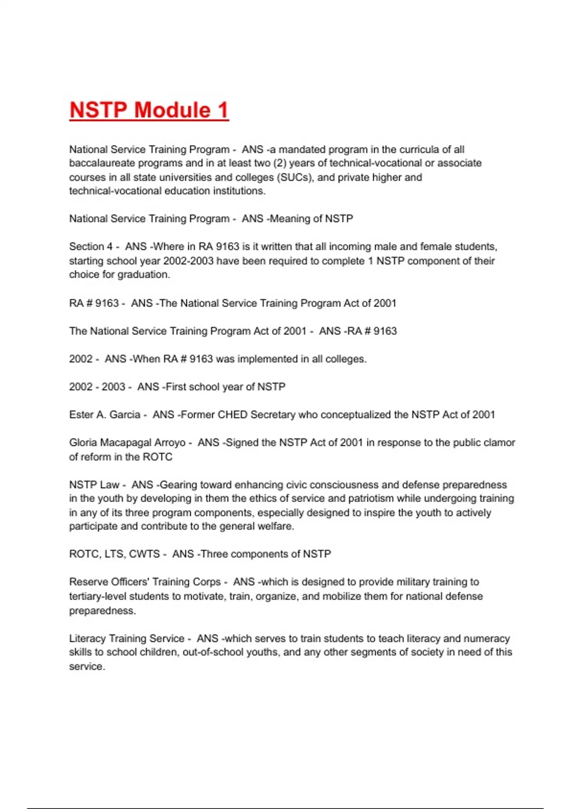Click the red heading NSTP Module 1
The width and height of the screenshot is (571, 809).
[149, 110]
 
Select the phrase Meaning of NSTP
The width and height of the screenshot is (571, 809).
[312, 219]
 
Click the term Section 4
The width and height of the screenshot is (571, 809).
[91, 247]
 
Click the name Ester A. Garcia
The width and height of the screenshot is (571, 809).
[105, 415]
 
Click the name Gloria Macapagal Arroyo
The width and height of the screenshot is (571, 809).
[127, 443]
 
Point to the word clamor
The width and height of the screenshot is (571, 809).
[500, 443]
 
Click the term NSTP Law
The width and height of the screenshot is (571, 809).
[94, 485]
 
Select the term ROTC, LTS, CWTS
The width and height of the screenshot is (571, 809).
[114, 554]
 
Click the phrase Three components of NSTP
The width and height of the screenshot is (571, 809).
[266, 554]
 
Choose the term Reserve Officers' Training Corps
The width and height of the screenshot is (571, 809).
[145, 582]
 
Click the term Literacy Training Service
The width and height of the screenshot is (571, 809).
[127, 639]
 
